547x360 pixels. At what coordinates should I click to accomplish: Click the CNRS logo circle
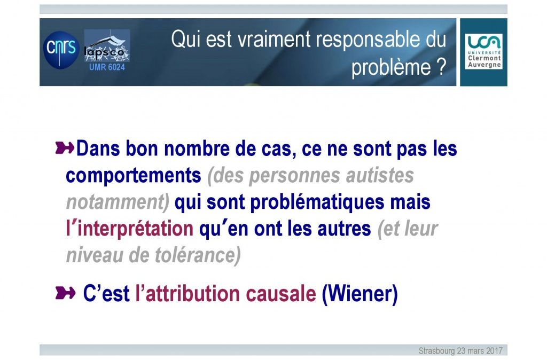pyautogui.click(x=61, y=50)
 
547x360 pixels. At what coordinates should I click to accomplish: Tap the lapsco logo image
pyautogui.click(x=107, y=46)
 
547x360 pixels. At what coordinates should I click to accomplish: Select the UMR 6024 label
pyautogui.click(x=107, y=67)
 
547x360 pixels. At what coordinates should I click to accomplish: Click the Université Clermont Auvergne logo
pyautogui.click(x=483, y=52)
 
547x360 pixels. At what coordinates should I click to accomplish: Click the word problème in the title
pyautogui.click(x=391, y=67)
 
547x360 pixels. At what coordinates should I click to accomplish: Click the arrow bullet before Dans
pyautogui.click(x=65, y=148)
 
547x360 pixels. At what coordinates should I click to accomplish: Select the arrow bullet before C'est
pyautogui.click(x=65, y=293)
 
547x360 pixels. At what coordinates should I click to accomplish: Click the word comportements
pyautogui.click(x=133, y=176)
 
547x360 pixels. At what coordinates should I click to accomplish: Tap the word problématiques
pyautogui.click(x=317, y=202)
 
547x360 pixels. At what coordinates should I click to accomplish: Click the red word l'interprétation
pyautogui.click(x=129, y=229)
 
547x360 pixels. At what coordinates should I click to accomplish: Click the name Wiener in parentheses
pyautogui.click(x=360, y=294)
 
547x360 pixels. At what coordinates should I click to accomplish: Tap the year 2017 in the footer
pyautogui.click(x=495, y=350)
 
